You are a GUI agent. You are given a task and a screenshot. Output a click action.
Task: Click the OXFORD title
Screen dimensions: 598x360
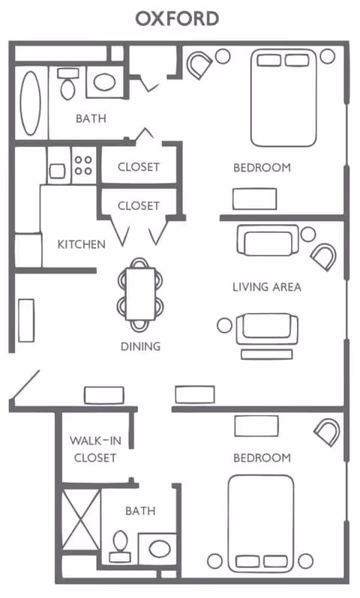(177, 19)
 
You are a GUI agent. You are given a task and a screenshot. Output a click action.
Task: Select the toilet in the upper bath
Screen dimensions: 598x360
(67, 83)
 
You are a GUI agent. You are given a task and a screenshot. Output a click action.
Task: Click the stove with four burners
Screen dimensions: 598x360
(83, 165)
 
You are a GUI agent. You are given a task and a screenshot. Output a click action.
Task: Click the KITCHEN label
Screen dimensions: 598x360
(81, 244)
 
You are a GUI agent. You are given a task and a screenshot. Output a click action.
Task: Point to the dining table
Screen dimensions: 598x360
(140, 293)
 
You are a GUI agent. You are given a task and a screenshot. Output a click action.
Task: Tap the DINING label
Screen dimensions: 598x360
(140, 346)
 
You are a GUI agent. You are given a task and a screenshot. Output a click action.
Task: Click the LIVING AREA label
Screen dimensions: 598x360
(266, 286)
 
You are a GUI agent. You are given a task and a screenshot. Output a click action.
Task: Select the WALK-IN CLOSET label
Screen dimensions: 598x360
(93, 448)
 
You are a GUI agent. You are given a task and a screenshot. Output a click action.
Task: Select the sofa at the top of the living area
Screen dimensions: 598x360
(266, 241)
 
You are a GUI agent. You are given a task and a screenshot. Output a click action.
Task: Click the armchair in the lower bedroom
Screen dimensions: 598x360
(326, 432)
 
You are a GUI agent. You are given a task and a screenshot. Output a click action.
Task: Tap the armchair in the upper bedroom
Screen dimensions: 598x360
(199, 66)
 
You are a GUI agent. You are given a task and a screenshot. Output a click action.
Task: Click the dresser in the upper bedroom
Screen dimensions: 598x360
(253, 198)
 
